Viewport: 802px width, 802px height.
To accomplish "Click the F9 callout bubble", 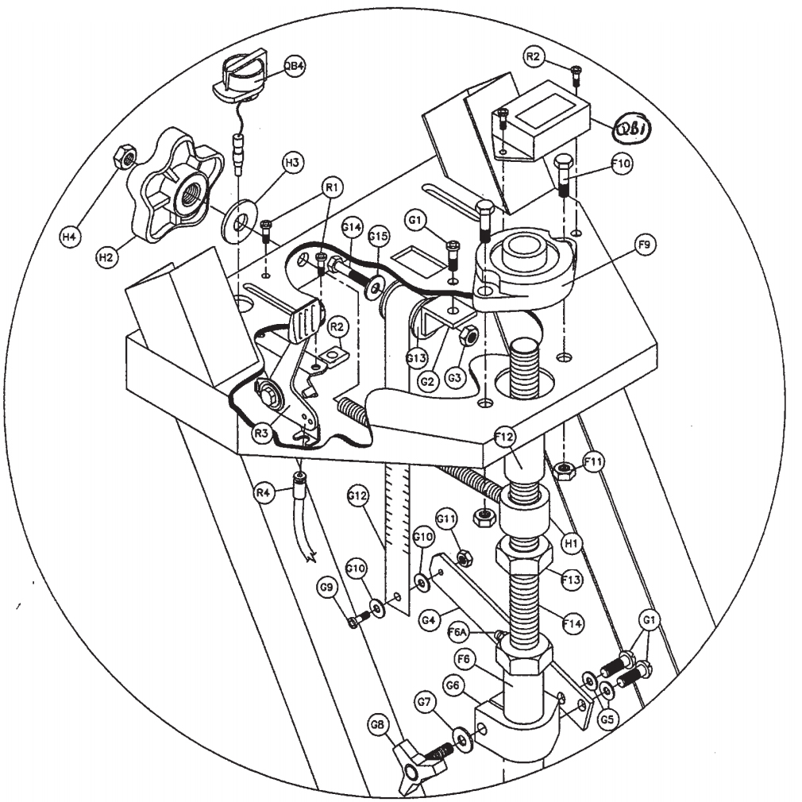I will pos(644,247).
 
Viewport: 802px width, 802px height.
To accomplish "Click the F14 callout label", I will pos(571,624).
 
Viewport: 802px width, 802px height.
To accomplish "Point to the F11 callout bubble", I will pos(595,460).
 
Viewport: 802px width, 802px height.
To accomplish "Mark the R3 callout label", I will pos(263,434).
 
